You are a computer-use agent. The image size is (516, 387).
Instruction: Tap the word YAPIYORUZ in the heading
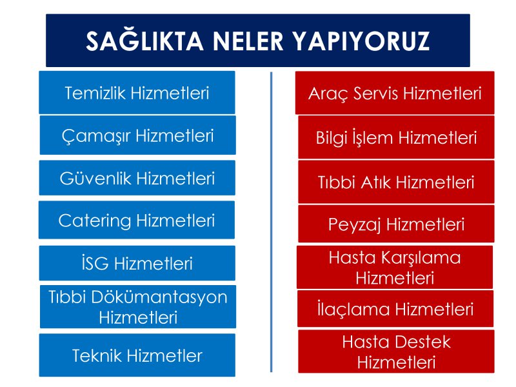pos(361,41)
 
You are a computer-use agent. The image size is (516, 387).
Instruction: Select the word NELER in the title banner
pos(248,41)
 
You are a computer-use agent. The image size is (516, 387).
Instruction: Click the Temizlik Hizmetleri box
pos(137,92)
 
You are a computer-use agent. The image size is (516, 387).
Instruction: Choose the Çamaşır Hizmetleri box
pos(138,135)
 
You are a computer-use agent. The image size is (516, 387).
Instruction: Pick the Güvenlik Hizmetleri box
pos(137,178)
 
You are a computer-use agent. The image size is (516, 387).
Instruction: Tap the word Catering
pos(95,221)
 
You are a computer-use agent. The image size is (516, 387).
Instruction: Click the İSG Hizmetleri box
pos(137,263)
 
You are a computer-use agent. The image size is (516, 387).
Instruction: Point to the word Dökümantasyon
pos(159,297)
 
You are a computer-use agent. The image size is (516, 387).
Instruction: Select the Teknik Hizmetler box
pos(137,355)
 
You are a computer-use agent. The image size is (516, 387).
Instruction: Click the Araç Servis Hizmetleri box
pos(395,93)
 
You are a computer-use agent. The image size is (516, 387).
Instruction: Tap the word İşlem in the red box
pos(374,137)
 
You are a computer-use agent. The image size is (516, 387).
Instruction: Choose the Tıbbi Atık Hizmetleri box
pos(396,182)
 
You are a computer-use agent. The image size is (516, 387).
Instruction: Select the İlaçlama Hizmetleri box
pos(395,309)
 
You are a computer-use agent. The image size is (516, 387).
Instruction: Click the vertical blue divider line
pos(271,222)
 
